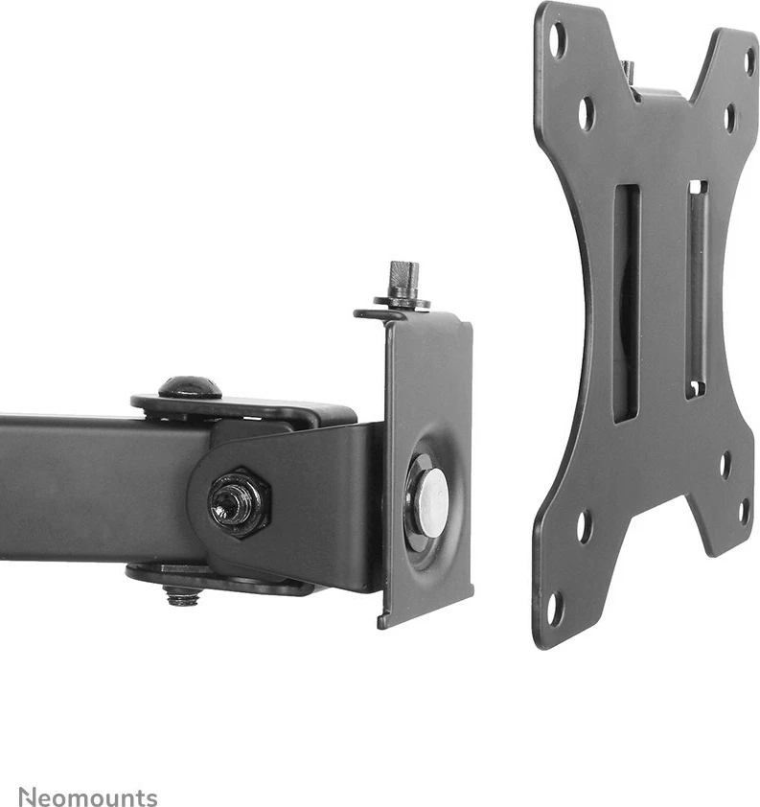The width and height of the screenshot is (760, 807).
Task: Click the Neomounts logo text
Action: point(88,796)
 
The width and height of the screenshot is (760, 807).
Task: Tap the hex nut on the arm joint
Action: point(240,502)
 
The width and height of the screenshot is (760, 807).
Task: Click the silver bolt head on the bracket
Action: point(431,502)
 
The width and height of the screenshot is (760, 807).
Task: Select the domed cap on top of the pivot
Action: point(190,387)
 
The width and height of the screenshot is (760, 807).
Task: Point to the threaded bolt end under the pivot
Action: point(183,596)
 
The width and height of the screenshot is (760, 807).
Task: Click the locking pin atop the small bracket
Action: point(403,275)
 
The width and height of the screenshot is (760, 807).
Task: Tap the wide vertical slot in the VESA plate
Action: point(627,304)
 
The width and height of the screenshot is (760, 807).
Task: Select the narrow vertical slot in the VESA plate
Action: point(697,289)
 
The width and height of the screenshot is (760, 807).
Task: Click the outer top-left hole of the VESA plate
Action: point(557,39)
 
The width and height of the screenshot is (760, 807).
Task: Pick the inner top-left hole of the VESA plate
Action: point(587,113)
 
